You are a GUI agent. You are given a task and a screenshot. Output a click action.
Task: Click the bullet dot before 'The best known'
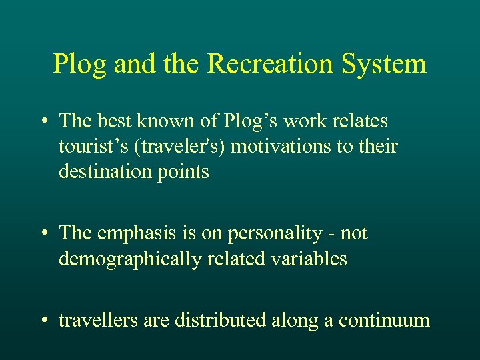click(43, 121)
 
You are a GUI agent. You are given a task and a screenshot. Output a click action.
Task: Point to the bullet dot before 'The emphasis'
click(43, 233)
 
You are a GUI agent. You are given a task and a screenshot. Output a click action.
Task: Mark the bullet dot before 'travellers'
click(43, 321)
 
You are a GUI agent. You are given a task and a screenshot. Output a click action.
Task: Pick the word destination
click(104, 171)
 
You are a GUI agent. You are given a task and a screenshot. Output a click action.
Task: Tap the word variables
click(313, 258)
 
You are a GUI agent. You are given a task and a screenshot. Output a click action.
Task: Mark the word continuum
click(385, 321)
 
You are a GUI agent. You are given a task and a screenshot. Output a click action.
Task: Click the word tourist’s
click(85, 146)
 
